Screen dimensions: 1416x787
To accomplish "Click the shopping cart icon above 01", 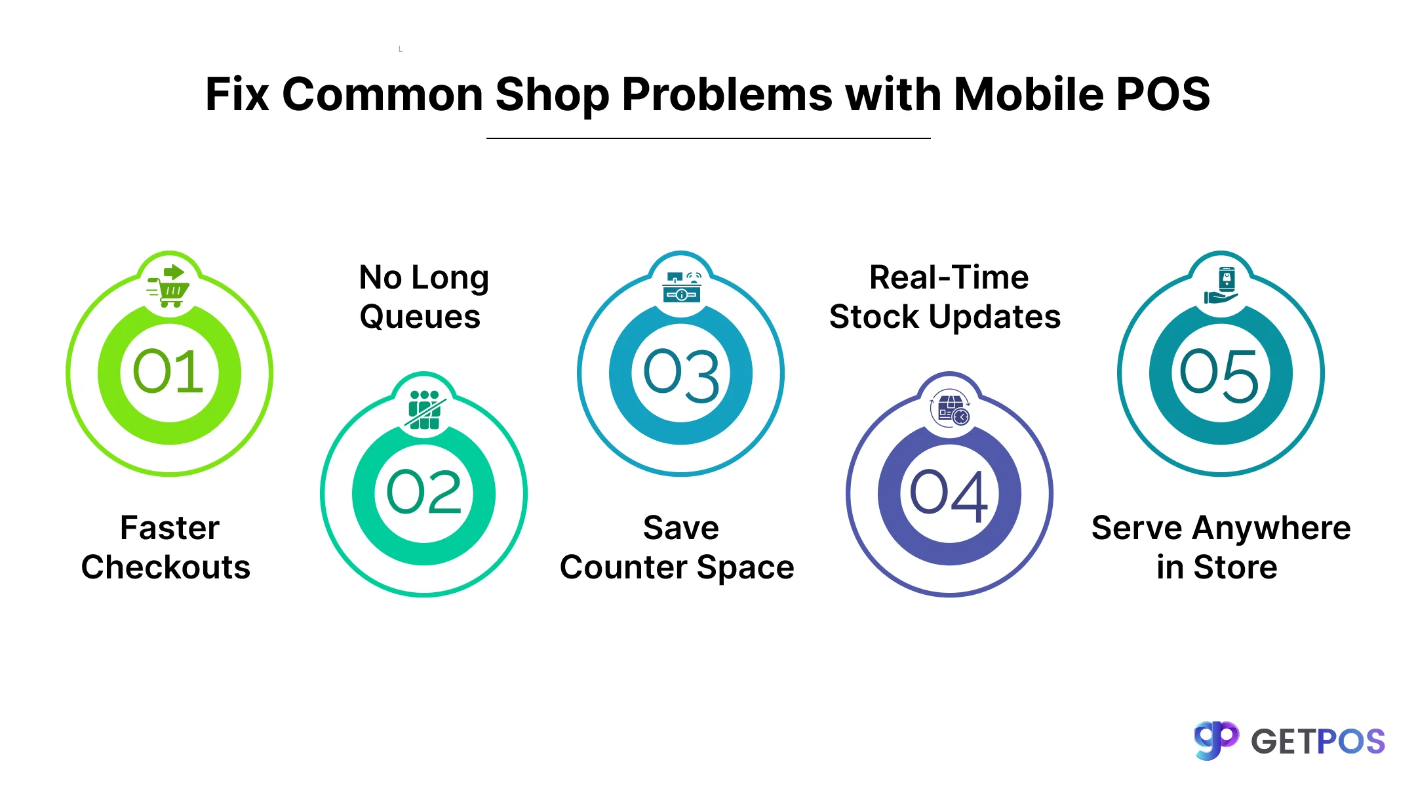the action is (x=168, y=286).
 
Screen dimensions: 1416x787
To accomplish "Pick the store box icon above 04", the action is (x=950, y=409).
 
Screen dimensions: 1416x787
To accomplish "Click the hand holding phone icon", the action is (x=1221, y=285).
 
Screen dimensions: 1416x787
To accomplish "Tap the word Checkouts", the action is (x=166, y=567).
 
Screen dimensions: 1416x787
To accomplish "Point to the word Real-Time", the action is (x=949, y=277).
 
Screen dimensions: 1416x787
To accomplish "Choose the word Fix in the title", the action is (x=237, y=94).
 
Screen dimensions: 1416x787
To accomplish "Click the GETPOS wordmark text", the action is (x=1318, y=742).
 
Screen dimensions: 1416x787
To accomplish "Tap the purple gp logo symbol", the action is (x=1216, y=740).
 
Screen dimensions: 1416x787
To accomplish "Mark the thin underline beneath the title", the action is (x=709, y=138).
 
